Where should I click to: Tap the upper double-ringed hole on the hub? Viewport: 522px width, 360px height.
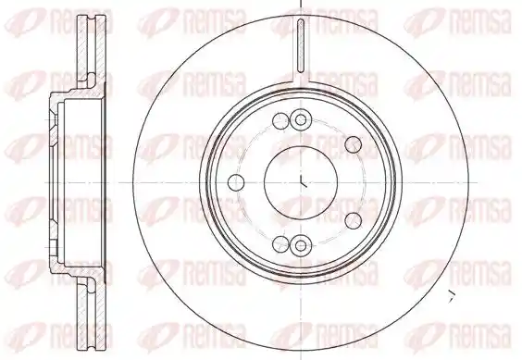pos(300,119)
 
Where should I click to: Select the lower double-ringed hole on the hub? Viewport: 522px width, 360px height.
pos(300,245)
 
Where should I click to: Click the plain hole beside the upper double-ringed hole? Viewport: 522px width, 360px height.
pos(280,120)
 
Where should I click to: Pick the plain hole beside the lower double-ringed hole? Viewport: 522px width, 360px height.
pos(280,244)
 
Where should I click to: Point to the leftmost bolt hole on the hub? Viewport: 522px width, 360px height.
pos(236,182)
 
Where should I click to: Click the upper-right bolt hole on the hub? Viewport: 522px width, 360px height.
pos(354,144)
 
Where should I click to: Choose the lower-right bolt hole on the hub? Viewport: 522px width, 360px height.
pos(354,221)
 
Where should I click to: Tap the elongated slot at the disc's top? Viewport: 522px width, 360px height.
pos(300,46)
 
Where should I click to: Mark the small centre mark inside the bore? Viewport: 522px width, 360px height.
pos(303,181)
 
